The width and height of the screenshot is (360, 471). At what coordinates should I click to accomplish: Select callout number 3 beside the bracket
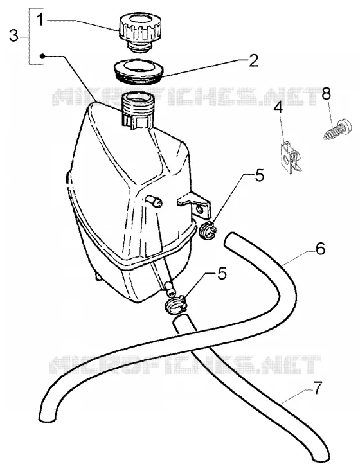click(x=14, y=37)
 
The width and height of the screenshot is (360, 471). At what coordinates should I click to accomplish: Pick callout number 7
click(x=318, y=388)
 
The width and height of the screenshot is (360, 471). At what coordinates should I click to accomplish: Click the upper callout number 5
click(x=259, y=175)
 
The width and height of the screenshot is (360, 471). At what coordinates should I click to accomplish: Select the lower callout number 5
click(x=222, y=273)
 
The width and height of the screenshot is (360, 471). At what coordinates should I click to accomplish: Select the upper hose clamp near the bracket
click(x=208, y=231)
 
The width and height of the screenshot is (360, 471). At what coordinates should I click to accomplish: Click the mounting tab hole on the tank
click(x=199, y=209)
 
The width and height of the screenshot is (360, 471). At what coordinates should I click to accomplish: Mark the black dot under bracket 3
click(x=42, y=56)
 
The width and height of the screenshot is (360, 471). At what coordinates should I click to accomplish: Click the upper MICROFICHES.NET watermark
click(x=187, y=97)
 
